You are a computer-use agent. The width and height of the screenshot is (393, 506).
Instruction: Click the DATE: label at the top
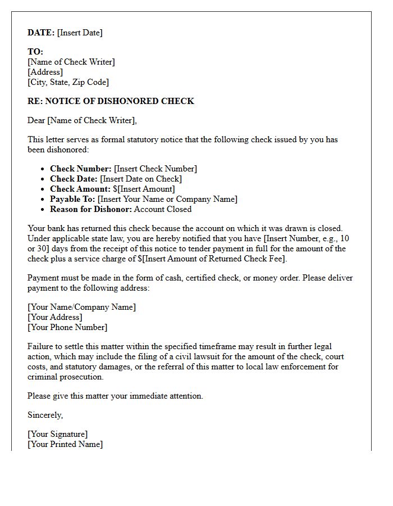point(41,33)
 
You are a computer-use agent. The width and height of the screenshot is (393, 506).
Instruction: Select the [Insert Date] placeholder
point(80,33)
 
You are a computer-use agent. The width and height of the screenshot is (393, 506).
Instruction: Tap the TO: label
point(35,52)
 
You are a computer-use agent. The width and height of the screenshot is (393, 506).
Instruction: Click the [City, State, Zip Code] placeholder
point(68,82)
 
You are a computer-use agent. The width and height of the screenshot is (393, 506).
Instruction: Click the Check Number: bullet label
point(81,169)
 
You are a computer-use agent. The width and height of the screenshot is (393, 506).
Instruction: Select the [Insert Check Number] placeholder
point(156,169)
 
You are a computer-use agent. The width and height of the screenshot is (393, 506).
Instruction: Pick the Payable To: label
point(72,199)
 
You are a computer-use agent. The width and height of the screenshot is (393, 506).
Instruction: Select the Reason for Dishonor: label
point(91,209)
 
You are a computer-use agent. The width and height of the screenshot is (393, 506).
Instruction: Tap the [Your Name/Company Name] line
point(81,307)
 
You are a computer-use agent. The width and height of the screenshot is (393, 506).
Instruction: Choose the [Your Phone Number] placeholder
point(67,327)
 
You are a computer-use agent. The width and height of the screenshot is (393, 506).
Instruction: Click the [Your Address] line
point(54,317)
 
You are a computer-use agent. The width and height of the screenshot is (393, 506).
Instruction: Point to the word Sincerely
point(45,415)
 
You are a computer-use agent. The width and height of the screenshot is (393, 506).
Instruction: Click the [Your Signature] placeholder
point(57,434)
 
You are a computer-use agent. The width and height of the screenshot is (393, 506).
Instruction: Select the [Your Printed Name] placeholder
point(65,444)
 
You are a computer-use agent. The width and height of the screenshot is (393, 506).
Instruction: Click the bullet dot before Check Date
point(43,179)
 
